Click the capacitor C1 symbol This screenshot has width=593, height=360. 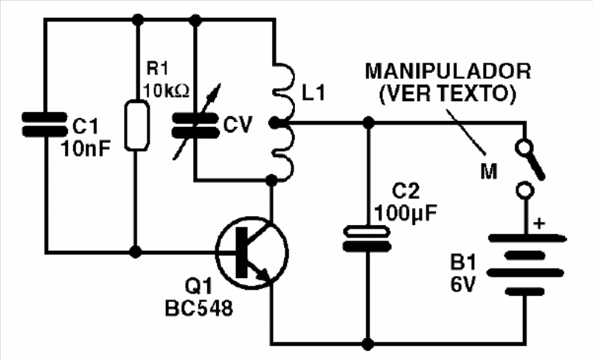(x=45, y=124)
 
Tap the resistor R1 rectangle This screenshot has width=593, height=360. (x=137, y=125)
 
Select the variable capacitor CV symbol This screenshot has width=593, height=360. (x=195, y=124)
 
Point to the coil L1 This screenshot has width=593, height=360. (x=284, y=123)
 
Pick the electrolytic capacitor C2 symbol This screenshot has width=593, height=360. (x=367, y=238)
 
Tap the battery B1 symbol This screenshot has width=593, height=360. (x=526, y=265)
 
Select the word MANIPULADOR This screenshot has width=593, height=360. (x=448, y=71)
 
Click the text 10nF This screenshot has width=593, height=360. (x=86, y=148)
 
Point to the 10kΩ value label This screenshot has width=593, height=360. (x=166, y=91)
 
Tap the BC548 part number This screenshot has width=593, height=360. (x=199, y=308)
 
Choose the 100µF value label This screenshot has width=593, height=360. (x=406, y=213)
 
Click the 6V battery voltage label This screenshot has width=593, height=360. (x=462, y=284)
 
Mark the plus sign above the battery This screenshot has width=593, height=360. (x=539, y=224)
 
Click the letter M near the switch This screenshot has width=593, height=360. (x=488, y=171)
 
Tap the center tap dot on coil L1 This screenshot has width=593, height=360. (x=274, y=122)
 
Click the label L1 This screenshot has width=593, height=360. (x=313, y=93)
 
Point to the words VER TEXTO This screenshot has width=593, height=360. (x=448, y=94)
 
